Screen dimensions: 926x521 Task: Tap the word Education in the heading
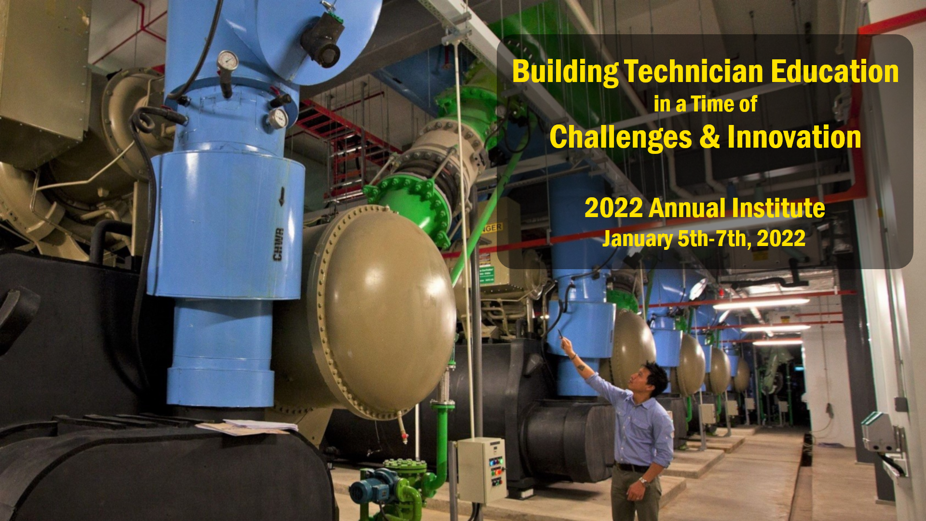835,71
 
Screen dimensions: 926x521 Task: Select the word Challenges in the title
621,138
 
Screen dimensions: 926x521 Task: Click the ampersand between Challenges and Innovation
709,137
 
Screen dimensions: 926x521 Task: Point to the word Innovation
794,137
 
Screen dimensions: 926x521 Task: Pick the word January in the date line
637,239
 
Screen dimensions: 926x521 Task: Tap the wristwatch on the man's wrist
643,480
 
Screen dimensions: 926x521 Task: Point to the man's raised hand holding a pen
567,344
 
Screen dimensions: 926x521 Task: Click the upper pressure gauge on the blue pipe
227,61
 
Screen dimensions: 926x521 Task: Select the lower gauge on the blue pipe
278,118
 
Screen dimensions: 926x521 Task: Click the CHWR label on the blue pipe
278,245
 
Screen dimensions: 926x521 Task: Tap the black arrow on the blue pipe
282,196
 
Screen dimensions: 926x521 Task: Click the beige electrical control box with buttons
481,469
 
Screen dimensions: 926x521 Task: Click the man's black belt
633,467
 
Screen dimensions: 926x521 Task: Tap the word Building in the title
565,72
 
